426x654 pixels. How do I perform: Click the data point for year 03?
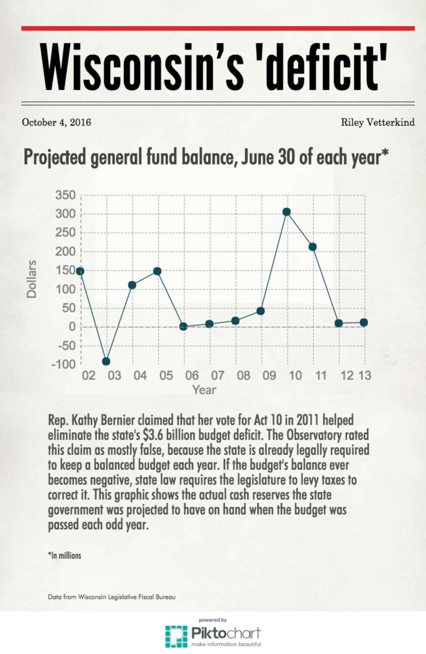(x=106, y=361)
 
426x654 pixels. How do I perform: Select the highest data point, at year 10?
(x=287, y=212)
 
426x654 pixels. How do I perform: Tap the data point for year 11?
(x=312, y=247)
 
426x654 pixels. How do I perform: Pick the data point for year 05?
(x=157, y=271)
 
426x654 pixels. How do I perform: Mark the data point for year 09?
(x=260, y=311)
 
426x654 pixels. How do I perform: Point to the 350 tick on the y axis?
(x=66, y=195)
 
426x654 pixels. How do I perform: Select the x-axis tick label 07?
(x=217, y=375)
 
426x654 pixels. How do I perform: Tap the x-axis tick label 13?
(x=365, y=375)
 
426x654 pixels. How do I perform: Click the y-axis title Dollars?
(x=32, y=279)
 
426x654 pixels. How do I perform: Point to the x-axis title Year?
(x=204, y=390)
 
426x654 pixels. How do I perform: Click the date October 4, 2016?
(x=56, y=122)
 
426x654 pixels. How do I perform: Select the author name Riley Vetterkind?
(x=378, y=122)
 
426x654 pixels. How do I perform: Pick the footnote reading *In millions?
(x=64, y=555)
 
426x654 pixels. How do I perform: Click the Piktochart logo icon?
(x=176, y=637)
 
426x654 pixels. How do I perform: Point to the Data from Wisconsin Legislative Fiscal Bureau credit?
(x=111, y=597)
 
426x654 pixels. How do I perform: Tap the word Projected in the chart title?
(x=55, y=157)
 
